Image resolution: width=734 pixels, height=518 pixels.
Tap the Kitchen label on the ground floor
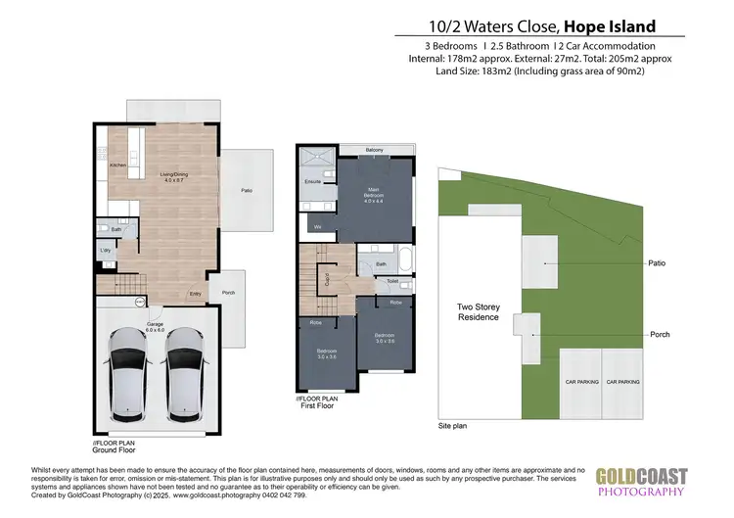pyautogui.click(x=117, y=166)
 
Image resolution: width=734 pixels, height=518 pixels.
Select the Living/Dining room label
pyautogui.click(x=173, y=178)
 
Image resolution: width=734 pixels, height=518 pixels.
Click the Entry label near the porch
pyautogui.click(x=195, y=294)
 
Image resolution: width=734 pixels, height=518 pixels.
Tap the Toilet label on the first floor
pyautogui.click(x=392, y=281)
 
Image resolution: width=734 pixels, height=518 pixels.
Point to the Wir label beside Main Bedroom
pyautogui.click(x=318, y=227)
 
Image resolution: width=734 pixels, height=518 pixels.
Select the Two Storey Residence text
pyautogui.click(x=479, y=311)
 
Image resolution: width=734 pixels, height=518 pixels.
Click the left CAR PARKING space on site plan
pyautogui.click(x=581, y=382)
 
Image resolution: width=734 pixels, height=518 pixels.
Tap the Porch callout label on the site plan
pyautogui.click(x=660, y=335)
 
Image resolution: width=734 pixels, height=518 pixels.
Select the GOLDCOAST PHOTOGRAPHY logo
pyautogui.click(x=641, y=483)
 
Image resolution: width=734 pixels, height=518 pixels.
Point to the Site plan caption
pyautogui.click(x=453, y=428)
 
